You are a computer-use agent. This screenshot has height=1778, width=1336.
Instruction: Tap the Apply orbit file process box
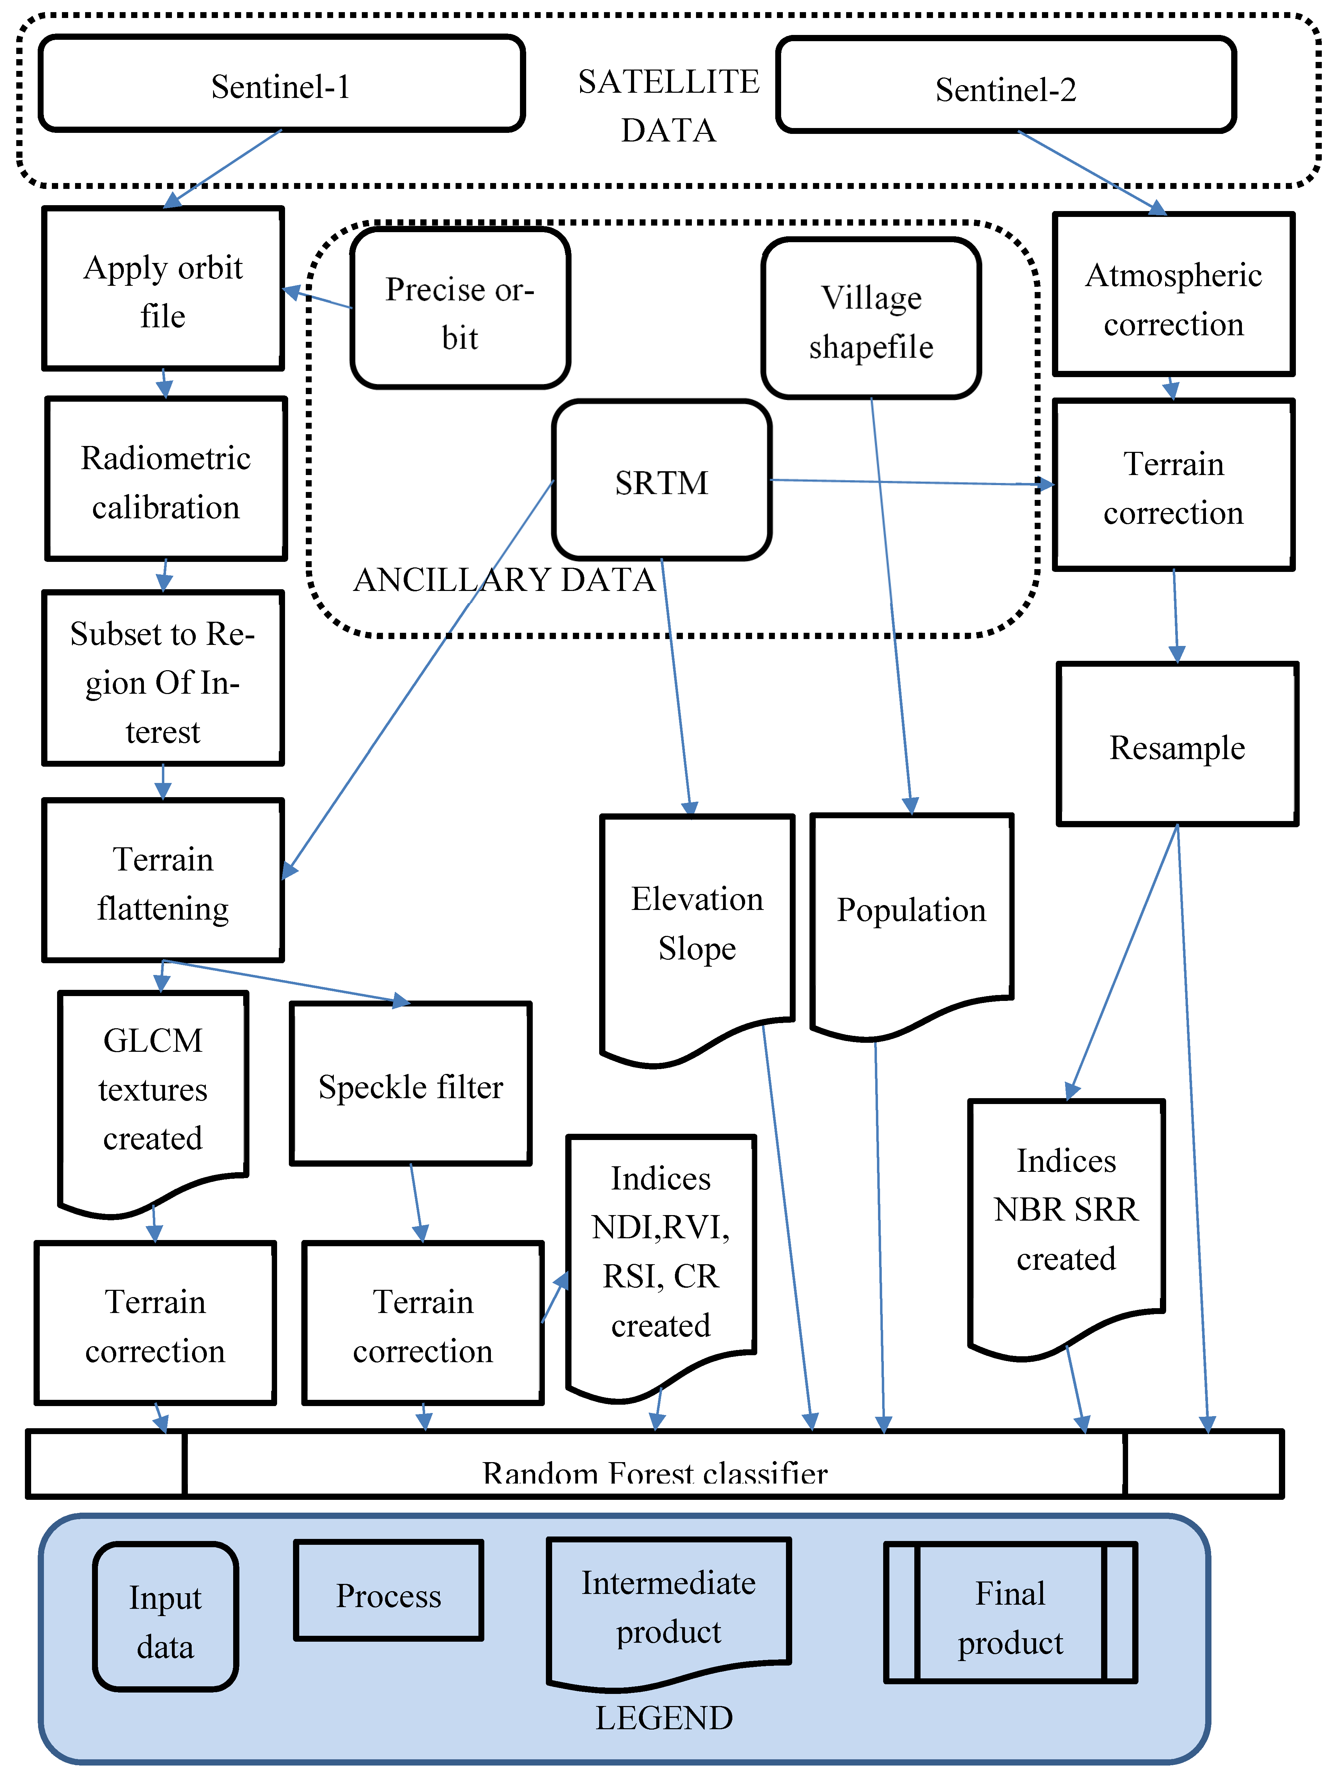tap(163, 289)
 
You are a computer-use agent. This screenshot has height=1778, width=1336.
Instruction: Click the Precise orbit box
tap(460, 309)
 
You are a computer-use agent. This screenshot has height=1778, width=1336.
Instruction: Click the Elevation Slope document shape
tap(697, 924)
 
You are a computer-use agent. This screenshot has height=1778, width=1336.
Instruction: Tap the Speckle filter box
tap(411, 1085)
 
